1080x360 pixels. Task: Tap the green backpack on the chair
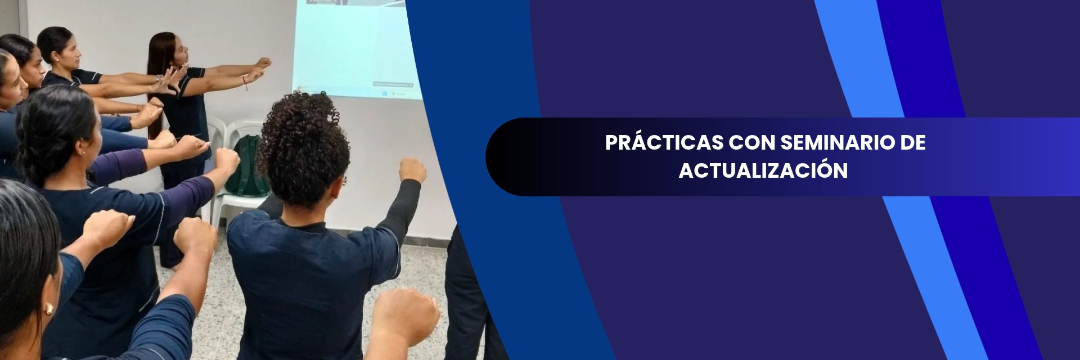coord(248,165)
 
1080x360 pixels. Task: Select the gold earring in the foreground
coord(48,309)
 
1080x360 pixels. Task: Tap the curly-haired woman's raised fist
coord(412,170)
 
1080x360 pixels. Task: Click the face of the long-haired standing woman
coord(181,51)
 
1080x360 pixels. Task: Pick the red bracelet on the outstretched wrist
coord(245,84)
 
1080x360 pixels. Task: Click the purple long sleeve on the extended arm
coord(118,165)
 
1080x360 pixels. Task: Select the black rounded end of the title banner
coord(506,157)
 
